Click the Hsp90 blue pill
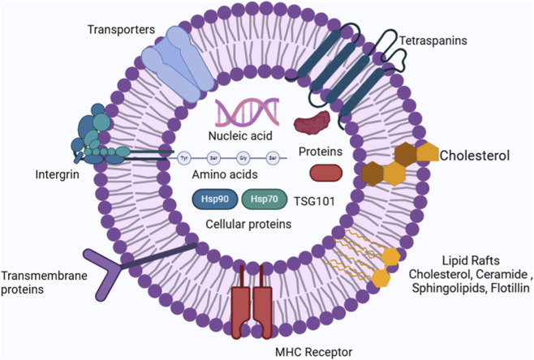tap(215, 199)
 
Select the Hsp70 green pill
tap(265, 199)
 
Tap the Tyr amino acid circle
tap(184, 158)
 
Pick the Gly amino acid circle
tap(243, 158)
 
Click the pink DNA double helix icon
tap(248, 111)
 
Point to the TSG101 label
tap(314, 201)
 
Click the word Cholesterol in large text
tap(475, 156)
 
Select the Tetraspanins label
tap(433, 41)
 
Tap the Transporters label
tap(121, 30)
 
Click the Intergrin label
tap(57, 175)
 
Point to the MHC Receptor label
tap(313, 352)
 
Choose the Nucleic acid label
tap(240, 136)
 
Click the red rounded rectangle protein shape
tap(326, 173)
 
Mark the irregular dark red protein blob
tap(312, 122)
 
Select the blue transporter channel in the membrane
tap(179, 63)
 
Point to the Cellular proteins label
tap(248, 225)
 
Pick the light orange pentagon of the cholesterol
tap(428, 152)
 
